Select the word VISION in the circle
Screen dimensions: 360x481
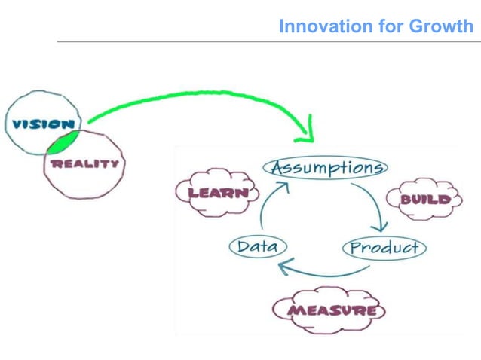(x=41, y=124)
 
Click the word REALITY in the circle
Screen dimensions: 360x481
(x=84, y=163)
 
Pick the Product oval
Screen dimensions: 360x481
(x=384, y=247)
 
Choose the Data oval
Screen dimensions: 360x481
(x=257, y=246)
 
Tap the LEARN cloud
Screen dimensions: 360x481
(x=217, y=193)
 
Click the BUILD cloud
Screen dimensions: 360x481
(x=424, y=200)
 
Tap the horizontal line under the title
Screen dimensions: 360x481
(x=264, y=42)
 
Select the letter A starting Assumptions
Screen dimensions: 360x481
(x=277, y=166)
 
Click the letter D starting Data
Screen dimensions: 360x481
(x=242, y=246)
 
